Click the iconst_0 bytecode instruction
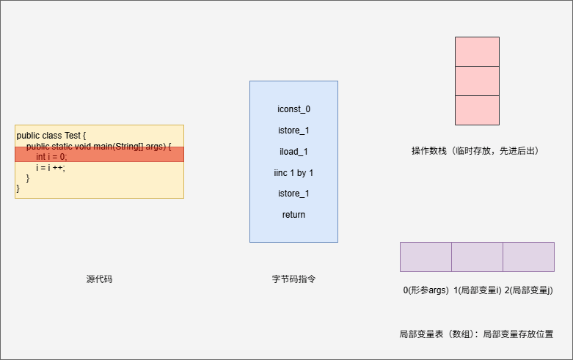click(293, 109)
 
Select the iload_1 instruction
click(293, 152)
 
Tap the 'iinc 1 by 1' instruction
click(293, 173)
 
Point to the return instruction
click(293, 215)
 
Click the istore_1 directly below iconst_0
click(293, 131)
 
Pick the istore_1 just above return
click(293, 194)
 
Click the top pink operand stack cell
click(477, 51)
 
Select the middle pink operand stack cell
click(477, 81)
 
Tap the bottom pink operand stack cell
click(477, 110)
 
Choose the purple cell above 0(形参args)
click(426, 257)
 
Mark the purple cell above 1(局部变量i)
click(477, 257)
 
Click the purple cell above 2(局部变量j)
click(528, 257)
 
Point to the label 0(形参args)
click(426, 290)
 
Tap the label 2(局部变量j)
click(528, 290)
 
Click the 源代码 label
click(99, 279)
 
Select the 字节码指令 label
click(293, 279)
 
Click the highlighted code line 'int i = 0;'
click(51, 157)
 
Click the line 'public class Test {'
click(51, 136)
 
